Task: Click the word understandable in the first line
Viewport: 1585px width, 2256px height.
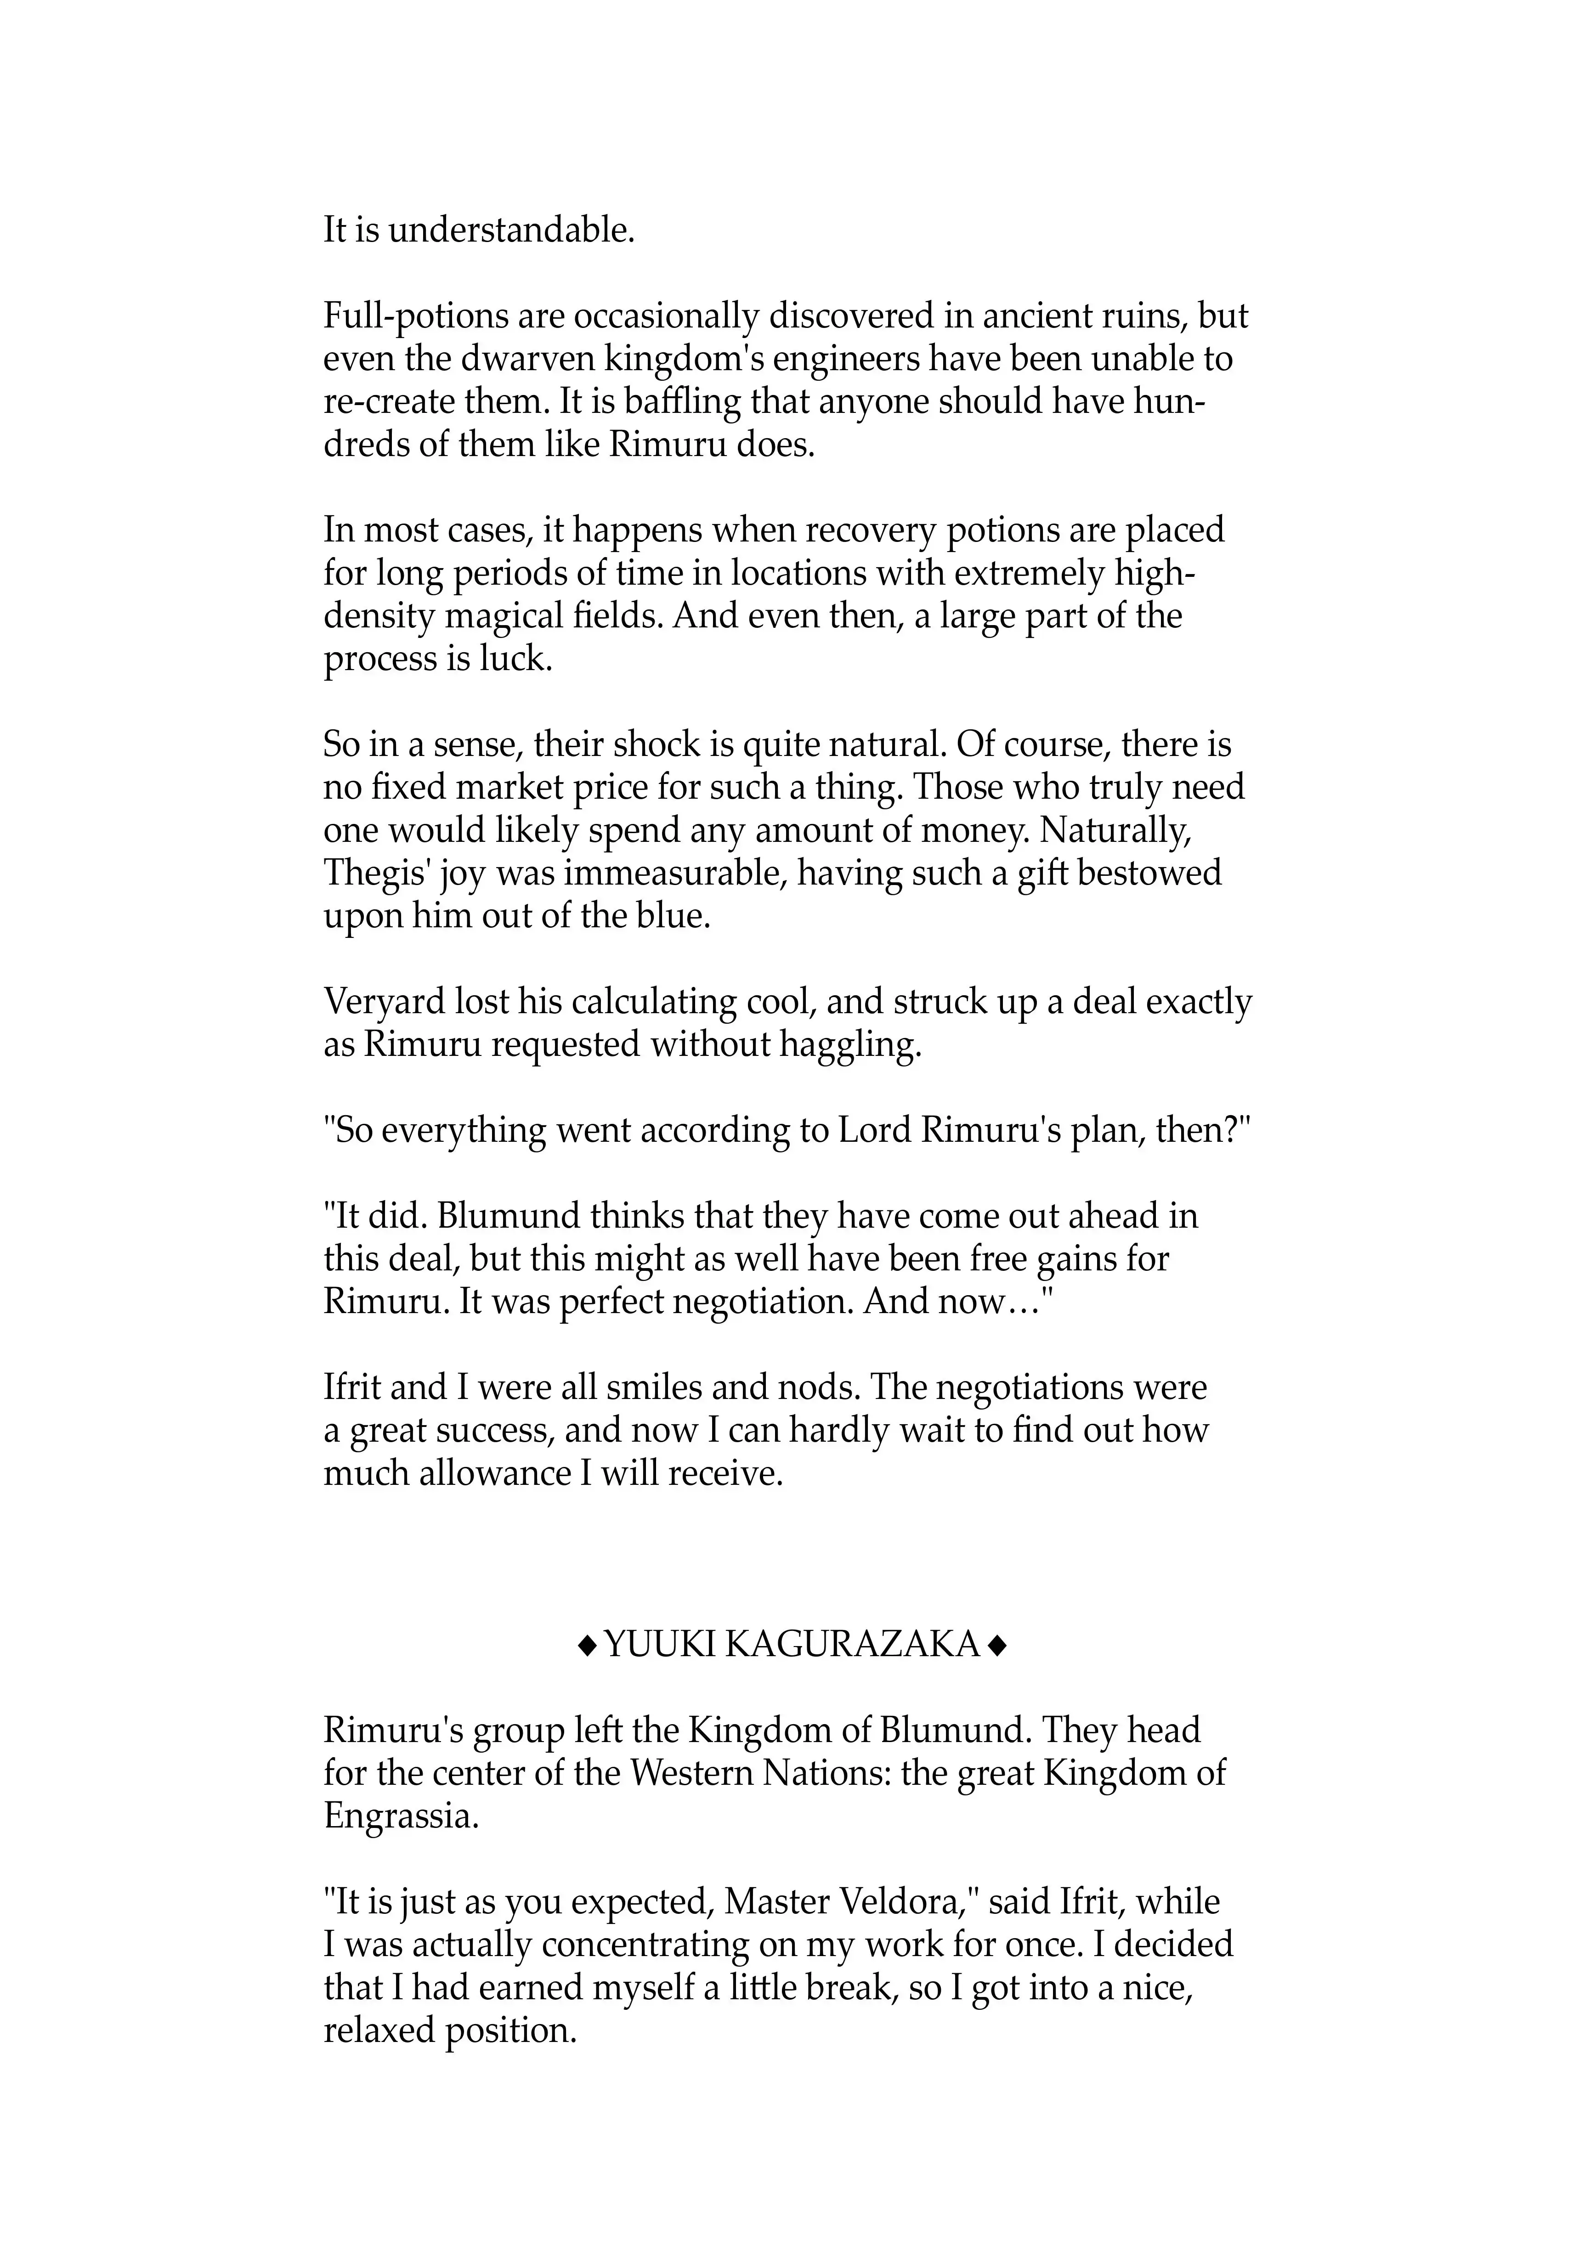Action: (x=512, y=231)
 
